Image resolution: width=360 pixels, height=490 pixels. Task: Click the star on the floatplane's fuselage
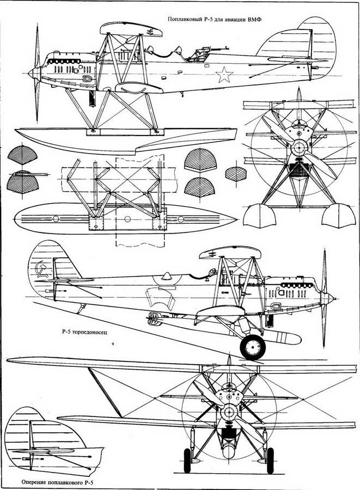[224, 75]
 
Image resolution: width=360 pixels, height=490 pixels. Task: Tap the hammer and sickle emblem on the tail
[42, 269]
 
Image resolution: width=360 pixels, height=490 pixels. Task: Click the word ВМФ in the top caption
[255, 20]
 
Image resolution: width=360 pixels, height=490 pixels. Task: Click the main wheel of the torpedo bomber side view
[253, 347]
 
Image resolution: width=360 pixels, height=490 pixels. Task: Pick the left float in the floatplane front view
[259, 215]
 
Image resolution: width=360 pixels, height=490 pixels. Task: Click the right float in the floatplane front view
[338, 215]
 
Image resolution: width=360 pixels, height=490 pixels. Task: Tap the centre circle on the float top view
[127, 219]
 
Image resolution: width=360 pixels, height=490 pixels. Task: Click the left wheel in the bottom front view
[187, 461]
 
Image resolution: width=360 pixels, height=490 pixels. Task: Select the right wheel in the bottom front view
[270, 461]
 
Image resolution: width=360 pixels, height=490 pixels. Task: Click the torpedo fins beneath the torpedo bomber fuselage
[154, 318]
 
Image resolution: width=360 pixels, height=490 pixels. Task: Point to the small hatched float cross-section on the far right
[236, 174]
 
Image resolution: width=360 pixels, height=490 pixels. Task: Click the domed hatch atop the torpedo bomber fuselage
[167, 275]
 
